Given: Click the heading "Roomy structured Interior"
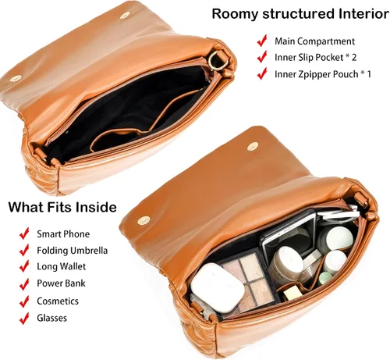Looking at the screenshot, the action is tap(300, 13).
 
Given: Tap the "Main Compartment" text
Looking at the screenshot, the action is tap(314, 41).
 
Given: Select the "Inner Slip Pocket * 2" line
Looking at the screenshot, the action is tap(316, 57).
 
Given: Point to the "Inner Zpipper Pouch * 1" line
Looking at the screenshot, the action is tap(323, 74).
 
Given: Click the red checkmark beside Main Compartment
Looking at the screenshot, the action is tap(262, 41).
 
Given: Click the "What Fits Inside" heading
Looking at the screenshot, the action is tap(62, 207).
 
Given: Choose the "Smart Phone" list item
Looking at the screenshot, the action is tap(63, 233).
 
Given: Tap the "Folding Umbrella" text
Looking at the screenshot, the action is tap(73, 251).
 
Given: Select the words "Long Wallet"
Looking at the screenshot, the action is tap(62, 266).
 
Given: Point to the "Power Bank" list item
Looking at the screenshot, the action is tap(61, 283).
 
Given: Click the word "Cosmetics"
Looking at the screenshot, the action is tap(58, 301).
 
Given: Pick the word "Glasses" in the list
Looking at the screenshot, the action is tap(52, 318).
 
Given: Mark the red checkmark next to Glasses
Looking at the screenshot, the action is tap(24, 318).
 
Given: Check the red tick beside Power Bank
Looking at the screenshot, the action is tap(24, 283).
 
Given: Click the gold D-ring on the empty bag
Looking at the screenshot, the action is tap(214, 60).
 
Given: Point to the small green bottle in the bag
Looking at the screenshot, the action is tap(325, 277).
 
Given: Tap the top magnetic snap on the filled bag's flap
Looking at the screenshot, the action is tap(252, 146).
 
